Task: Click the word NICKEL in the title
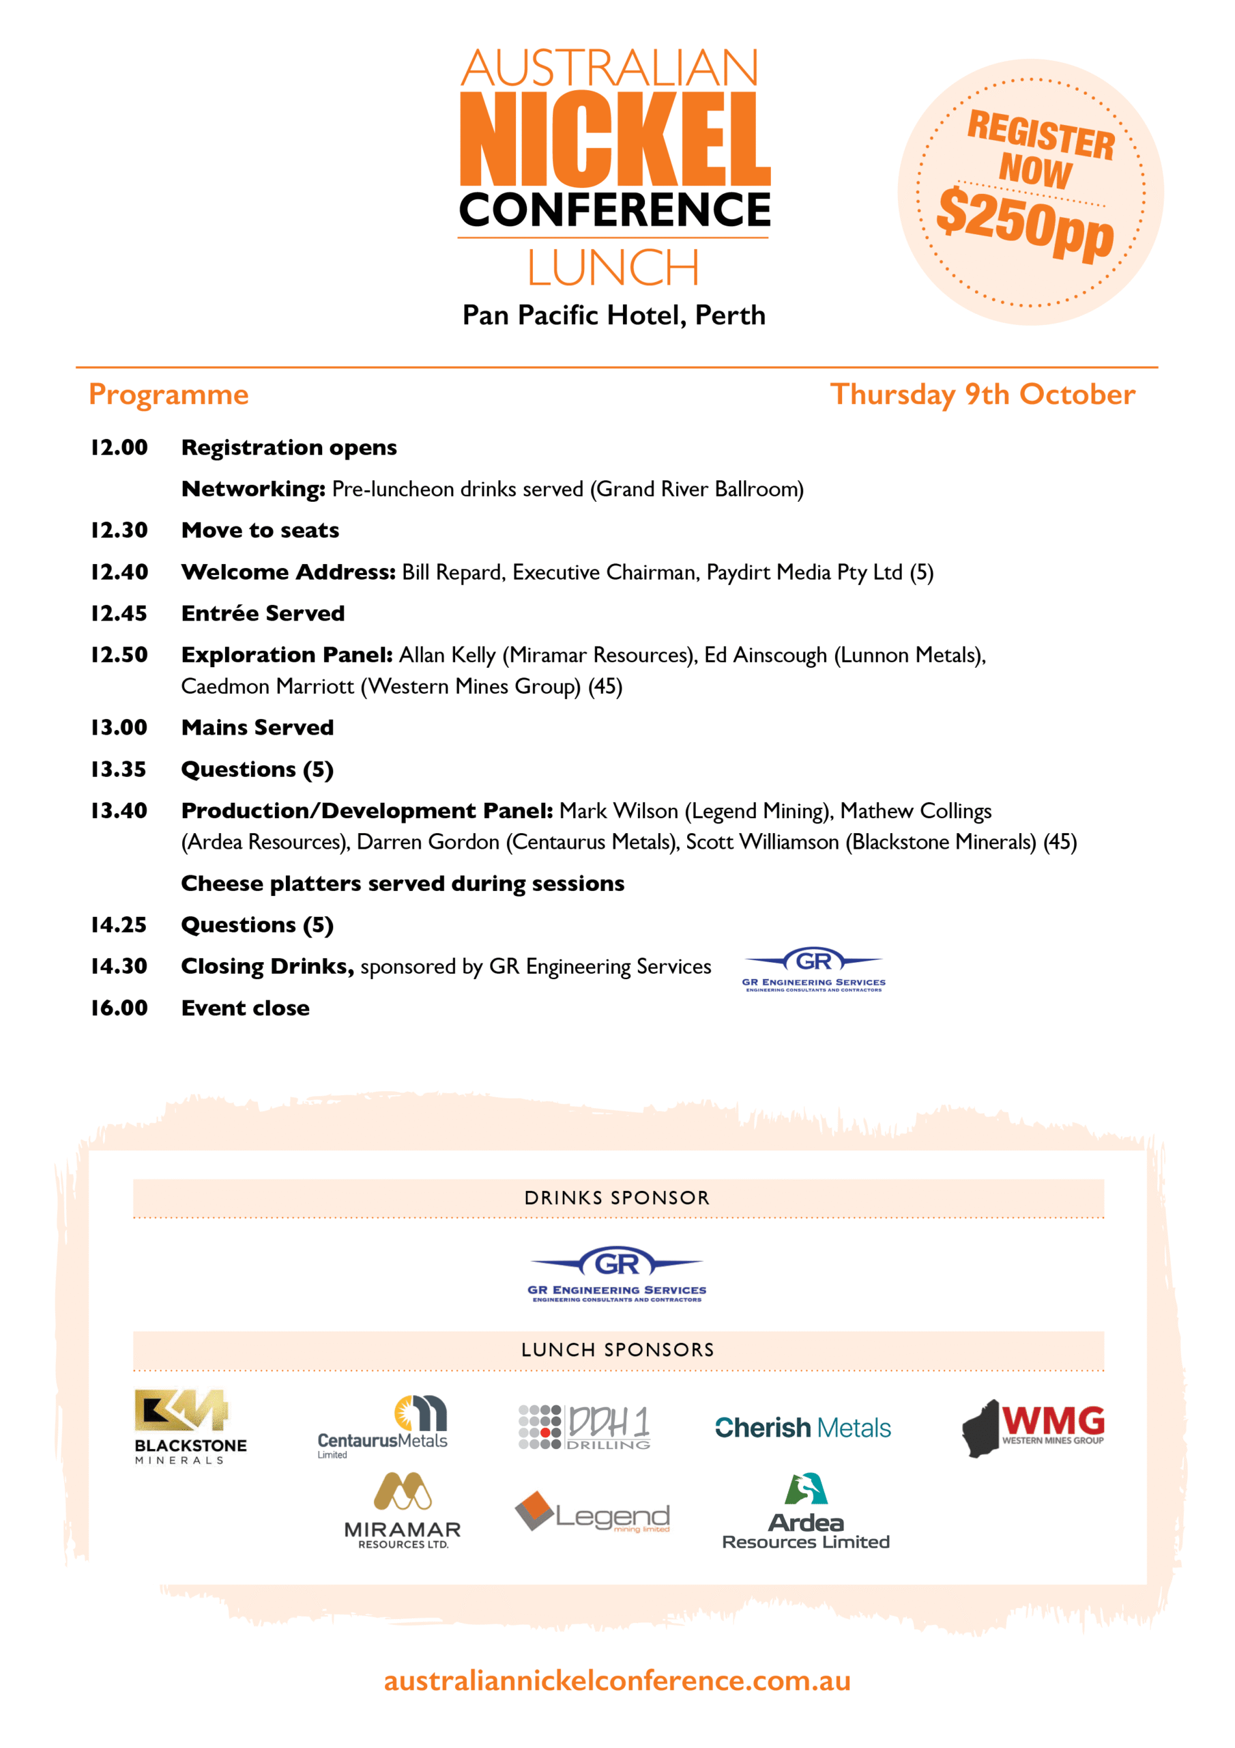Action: (x=615, y=140)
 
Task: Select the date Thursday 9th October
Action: (x=982, y=395)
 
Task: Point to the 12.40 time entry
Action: (x=119, y=572)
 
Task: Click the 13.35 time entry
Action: (x=119, y=769)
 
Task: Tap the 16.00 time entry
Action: (x=119, y=1008)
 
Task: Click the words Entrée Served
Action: (x=263, y=613)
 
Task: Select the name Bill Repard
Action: (x=452, y=572)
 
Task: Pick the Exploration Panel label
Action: (x=287, y=655)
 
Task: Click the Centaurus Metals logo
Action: (x=383, y=1426)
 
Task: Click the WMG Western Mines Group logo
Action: (x=1032, y=1426)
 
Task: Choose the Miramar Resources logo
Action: (x=403, y=1510)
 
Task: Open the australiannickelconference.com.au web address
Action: (x=616, y=1680)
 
